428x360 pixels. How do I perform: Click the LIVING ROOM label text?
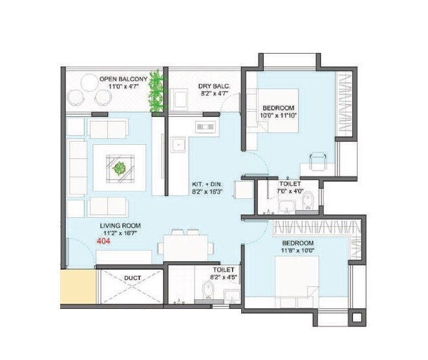pyautogui.click(x=120, y=226)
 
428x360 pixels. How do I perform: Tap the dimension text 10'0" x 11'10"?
pyautogui.click(x=279, y=116)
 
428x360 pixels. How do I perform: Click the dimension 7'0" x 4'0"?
pyautogui.click(x=288, y=191)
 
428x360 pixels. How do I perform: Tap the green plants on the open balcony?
pyautogui.click(x=155, y=92)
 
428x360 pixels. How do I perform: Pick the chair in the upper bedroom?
pyautogui.click(x=316, y=160)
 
